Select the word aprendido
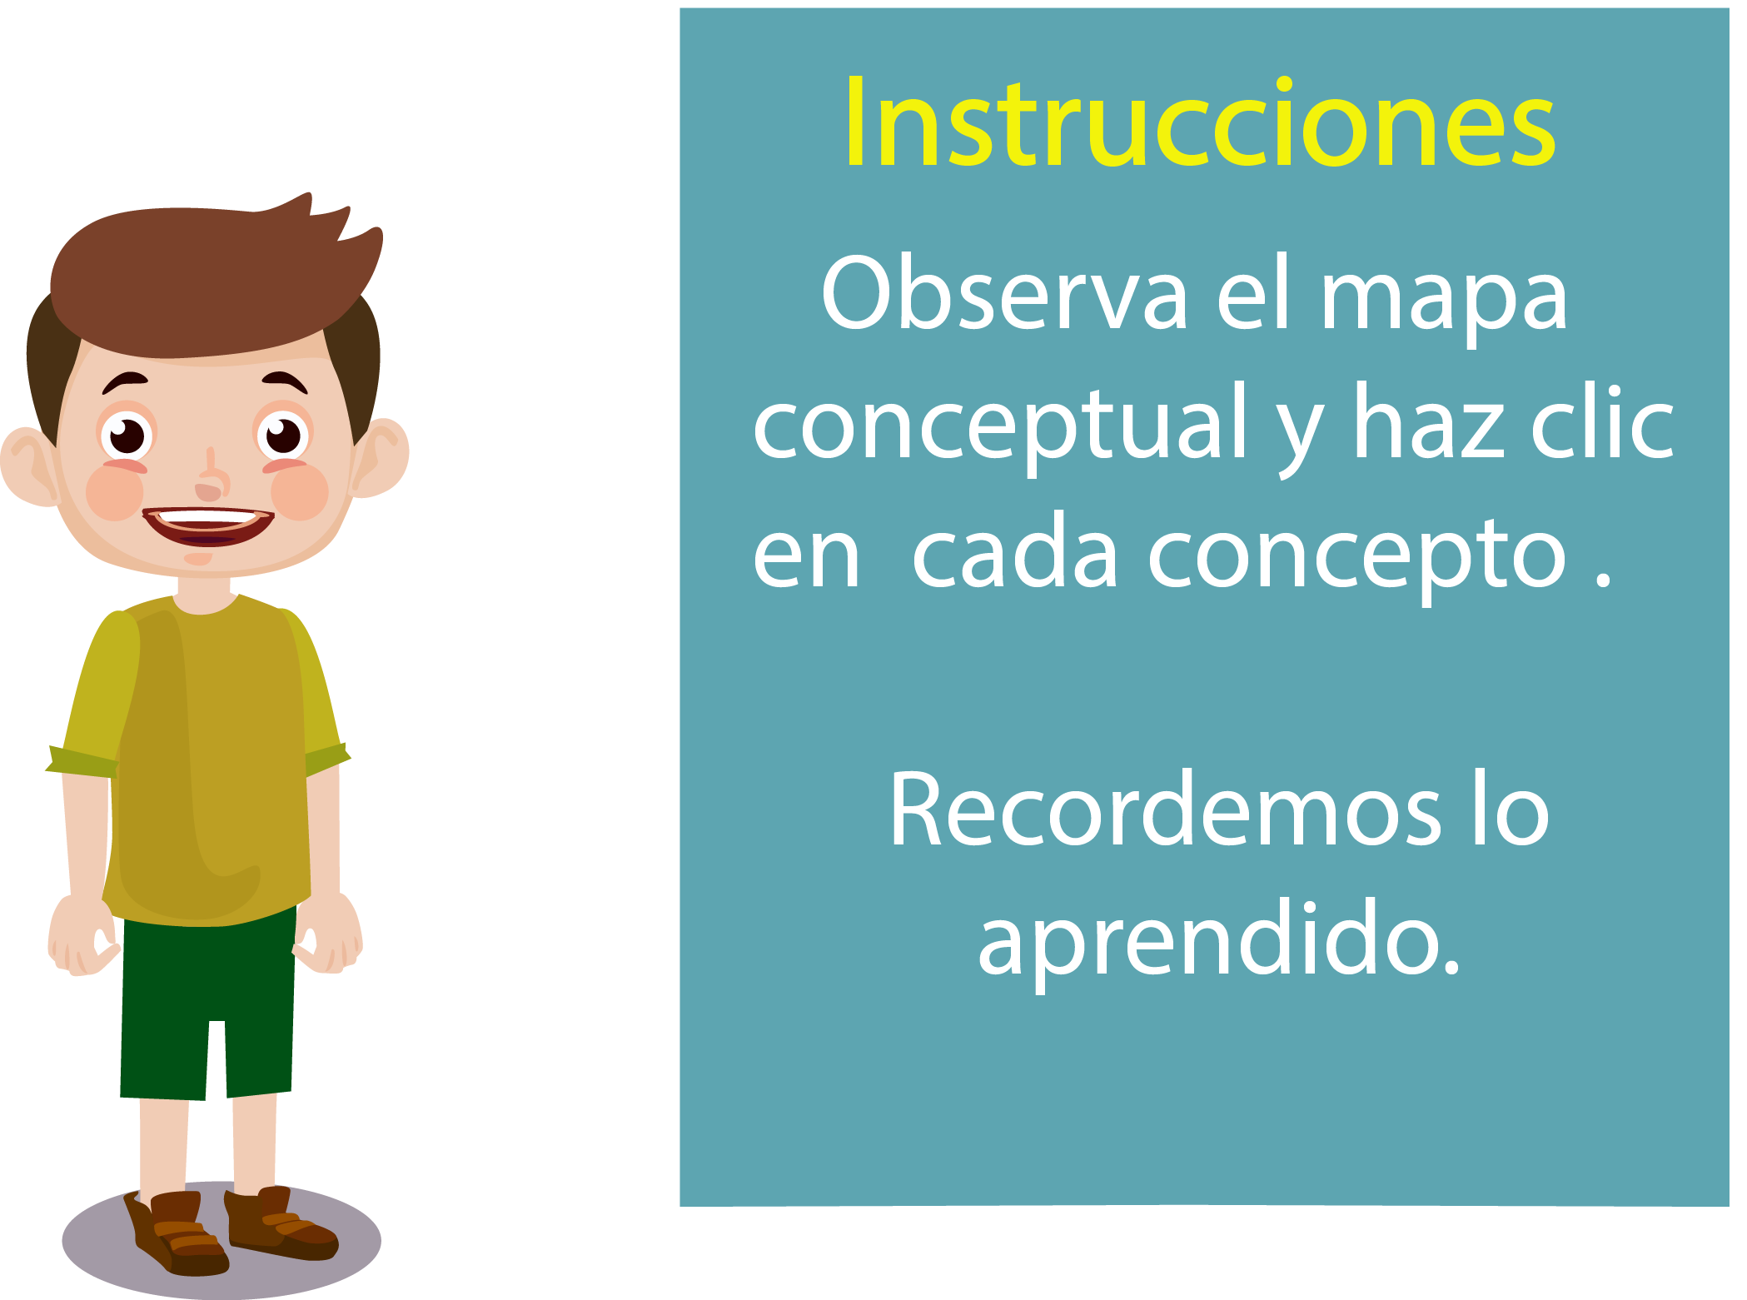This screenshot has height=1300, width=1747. pos(1219,941)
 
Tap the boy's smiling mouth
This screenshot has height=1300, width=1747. pos(207,526)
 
